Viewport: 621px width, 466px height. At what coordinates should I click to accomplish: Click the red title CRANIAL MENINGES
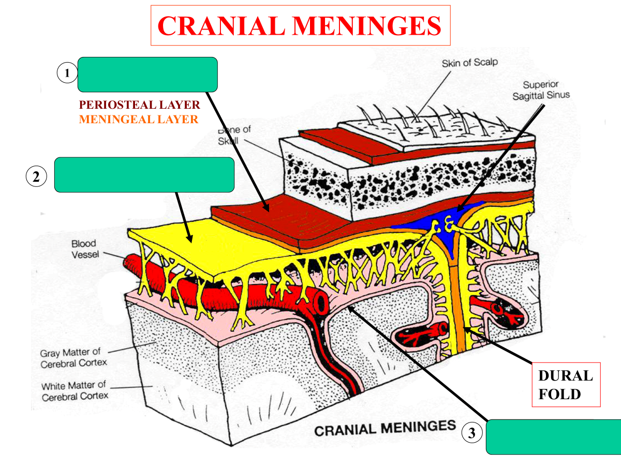[300, 25]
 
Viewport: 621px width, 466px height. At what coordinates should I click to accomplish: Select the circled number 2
[36, 177]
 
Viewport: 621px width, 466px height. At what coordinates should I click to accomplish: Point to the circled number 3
[471, 433]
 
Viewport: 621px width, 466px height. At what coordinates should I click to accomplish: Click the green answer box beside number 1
[147, 74]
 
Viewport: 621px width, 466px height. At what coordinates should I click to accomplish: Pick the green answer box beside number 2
[144, 174]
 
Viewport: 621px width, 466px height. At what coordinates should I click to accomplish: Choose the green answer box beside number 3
[553, 437]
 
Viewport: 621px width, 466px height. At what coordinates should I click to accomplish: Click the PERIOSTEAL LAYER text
[139, 105]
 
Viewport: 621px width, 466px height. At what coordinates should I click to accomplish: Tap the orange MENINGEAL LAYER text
[138, 120]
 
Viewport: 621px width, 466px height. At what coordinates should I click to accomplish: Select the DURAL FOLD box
[566, 385]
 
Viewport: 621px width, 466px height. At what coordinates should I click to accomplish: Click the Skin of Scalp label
[469, 63]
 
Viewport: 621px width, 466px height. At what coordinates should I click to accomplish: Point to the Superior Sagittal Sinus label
[541, 90]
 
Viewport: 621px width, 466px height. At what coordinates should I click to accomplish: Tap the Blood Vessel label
[84, 249]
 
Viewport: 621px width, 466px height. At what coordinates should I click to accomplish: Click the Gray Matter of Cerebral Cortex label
[73, 357]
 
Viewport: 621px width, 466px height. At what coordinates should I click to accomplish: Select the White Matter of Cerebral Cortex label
[75, 391]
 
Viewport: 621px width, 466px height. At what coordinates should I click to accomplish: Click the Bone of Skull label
[234, 135]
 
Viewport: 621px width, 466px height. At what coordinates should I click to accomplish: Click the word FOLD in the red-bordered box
[559, 394]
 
